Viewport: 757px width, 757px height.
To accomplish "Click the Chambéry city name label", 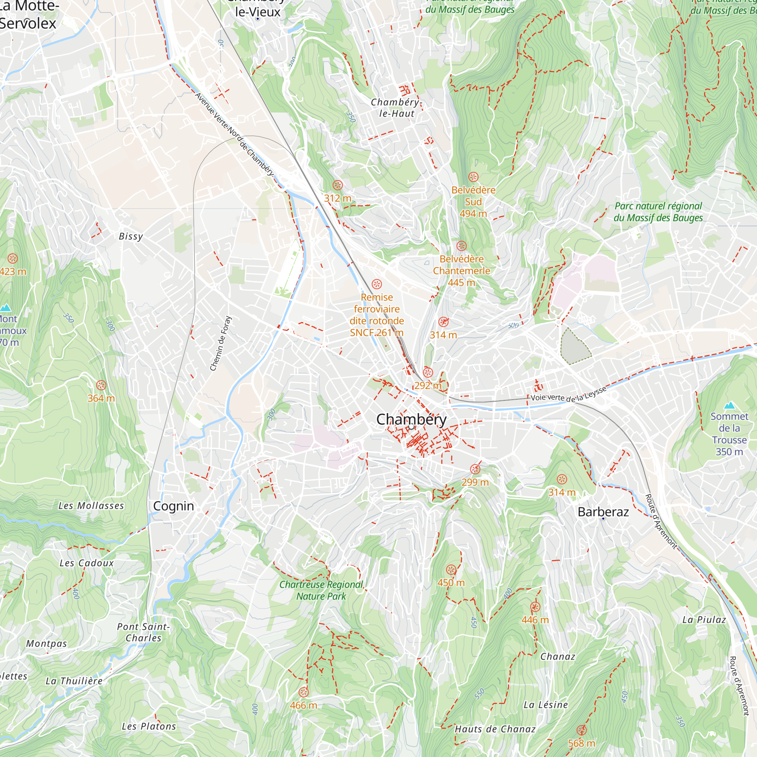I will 411,420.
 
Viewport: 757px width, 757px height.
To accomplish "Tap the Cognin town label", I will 174,506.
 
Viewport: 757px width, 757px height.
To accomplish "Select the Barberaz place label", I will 603,512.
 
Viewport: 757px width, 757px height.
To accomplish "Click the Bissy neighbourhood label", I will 131,236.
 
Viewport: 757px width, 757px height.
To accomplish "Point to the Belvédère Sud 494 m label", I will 474,202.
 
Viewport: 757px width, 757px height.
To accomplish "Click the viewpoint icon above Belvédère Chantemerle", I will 461,246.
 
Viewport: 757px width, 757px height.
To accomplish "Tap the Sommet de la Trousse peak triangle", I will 729,405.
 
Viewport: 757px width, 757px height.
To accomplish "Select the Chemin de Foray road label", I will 221,343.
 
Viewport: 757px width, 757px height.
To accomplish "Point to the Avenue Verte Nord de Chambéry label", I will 234,134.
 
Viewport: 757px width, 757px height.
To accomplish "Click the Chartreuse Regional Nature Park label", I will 321,590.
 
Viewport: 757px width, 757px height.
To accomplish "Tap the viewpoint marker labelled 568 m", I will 581,730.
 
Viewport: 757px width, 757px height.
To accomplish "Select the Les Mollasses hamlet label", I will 91,506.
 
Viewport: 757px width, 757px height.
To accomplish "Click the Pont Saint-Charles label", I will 143,632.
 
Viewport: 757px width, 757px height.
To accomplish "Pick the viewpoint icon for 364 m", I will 101,385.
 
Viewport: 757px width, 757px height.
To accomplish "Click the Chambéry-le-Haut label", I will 396,108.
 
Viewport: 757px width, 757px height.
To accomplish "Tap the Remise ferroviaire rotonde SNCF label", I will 377,315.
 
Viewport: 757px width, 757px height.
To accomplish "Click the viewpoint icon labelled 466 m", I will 304,692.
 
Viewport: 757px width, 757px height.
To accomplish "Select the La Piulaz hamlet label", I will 704,620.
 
